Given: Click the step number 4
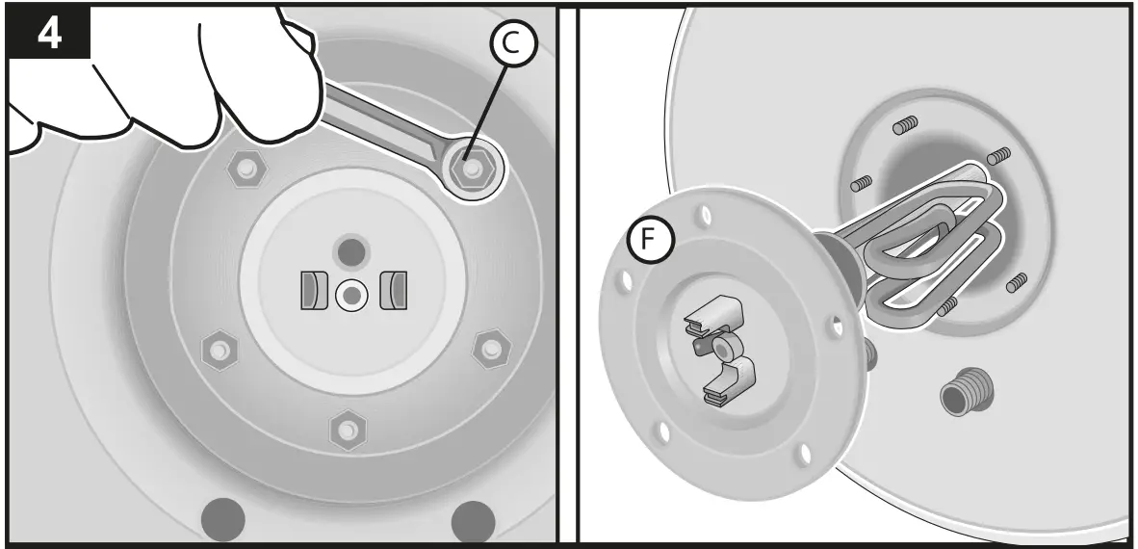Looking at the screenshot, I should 48,33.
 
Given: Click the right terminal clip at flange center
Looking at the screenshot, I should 394,292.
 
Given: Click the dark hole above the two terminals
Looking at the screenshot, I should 350,252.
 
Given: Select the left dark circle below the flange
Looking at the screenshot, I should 222,521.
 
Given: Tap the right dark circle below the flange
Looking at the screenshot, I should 473,521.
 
